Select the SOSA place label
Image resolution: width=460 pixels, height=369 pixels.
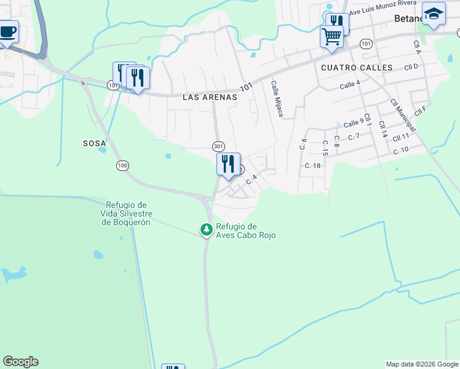tap(95, 143)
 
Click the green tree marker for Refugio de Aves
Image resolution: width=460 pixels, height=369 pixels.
tap(207, 229)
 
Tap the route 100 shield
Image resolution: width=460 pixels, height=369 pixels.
tap(122, 165)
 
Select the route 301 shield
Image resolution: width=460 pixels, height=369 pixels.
tap(218, 146)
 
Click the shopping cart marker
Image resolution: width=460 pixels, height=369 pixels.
tap(331, 36)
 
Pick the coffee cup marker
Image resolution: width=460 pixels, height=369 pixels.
tap(7, 31)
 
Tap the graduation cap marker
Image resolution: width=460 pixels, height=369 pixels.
tap(434, 14)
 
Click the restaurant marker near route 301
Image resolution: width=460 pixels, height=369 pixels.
tap(228, 164)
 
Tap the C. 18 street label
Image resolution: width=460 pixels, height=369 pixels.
tap(313, 166)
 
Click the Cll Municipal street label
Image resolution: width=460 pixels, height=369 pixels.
tap(403, 114)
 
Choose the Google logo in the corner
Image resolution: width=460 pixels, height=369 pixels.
tap(20, 362)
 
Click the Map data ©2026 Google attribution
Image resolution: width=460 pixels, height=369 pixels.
tap(421, 364)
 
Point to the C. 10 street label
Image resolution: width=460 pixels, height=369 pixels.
tap(400, 150)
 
